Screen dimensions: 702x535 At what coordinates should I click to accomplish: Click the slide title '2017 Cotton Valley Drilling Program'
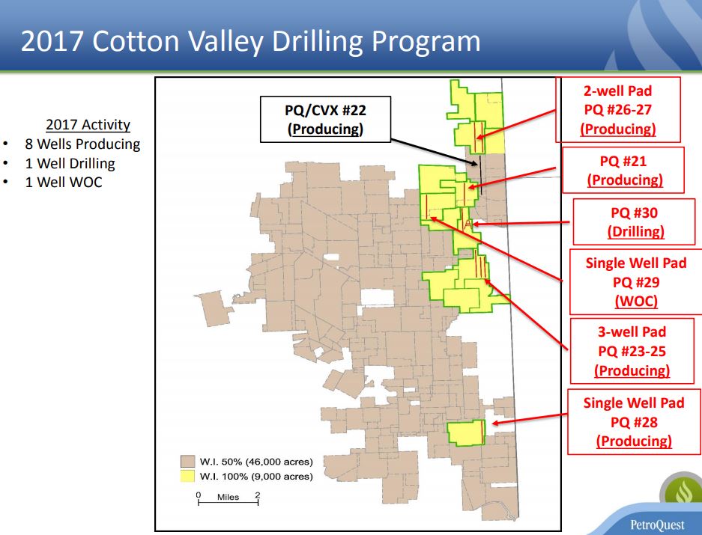(x=251, y=40)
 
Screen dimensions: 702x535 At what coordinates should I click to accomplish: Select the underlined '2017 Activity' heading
(x=88, y=125)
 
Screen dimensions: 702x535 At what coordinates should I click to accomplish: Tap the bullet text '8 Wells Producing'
(x=82, y=144)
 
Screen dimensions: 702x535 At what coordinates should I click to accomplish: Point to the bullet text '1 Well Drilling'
(x=70, y=163)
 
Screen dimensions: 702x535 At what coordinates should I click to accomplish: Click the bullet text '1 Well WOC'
(x=64, y=182)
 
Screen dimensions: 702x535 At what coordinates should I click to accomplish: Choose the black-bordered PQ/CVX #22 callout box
(x=325, y=120)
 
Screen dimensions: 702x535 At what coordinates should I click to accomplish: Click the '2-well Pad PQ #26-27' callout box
(x=618, y=109)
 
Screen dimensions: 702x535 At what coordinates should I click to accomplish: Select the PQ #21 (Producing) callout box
(x=623, y=170)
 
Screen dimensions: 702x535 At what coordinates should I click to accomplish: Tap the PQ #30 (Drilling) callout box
(x=634, y=222)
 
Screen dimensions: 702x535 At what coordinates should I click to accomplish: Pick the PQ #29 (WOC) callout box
(x=636, y=282)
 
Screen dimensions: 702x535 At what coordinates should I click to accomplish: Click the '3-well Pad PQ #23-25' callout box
(x=632, y=351)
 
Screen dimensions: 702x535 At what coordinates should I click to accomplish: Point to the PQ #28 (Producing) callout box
(x=634, y=422)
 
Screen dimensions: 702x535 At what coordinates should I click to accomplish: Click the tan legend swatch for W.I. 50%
(x=187, y=462)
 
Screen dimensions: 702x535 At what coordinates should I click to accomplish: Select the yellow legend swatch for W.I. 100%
(x=187, y=476)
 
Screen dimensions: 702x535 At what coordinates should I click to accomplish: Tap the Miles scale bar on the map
(x=229, y=502)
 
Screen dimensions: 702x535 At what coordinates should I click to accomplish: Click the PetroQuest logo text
(x=657, y=525)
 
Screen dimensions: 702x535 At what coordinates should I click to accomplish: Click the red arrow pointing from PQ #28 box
(x=530, y=419)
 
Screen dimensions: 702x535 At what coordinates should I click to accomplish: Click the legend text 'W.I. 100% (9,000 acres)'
(x=256, y=477)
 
